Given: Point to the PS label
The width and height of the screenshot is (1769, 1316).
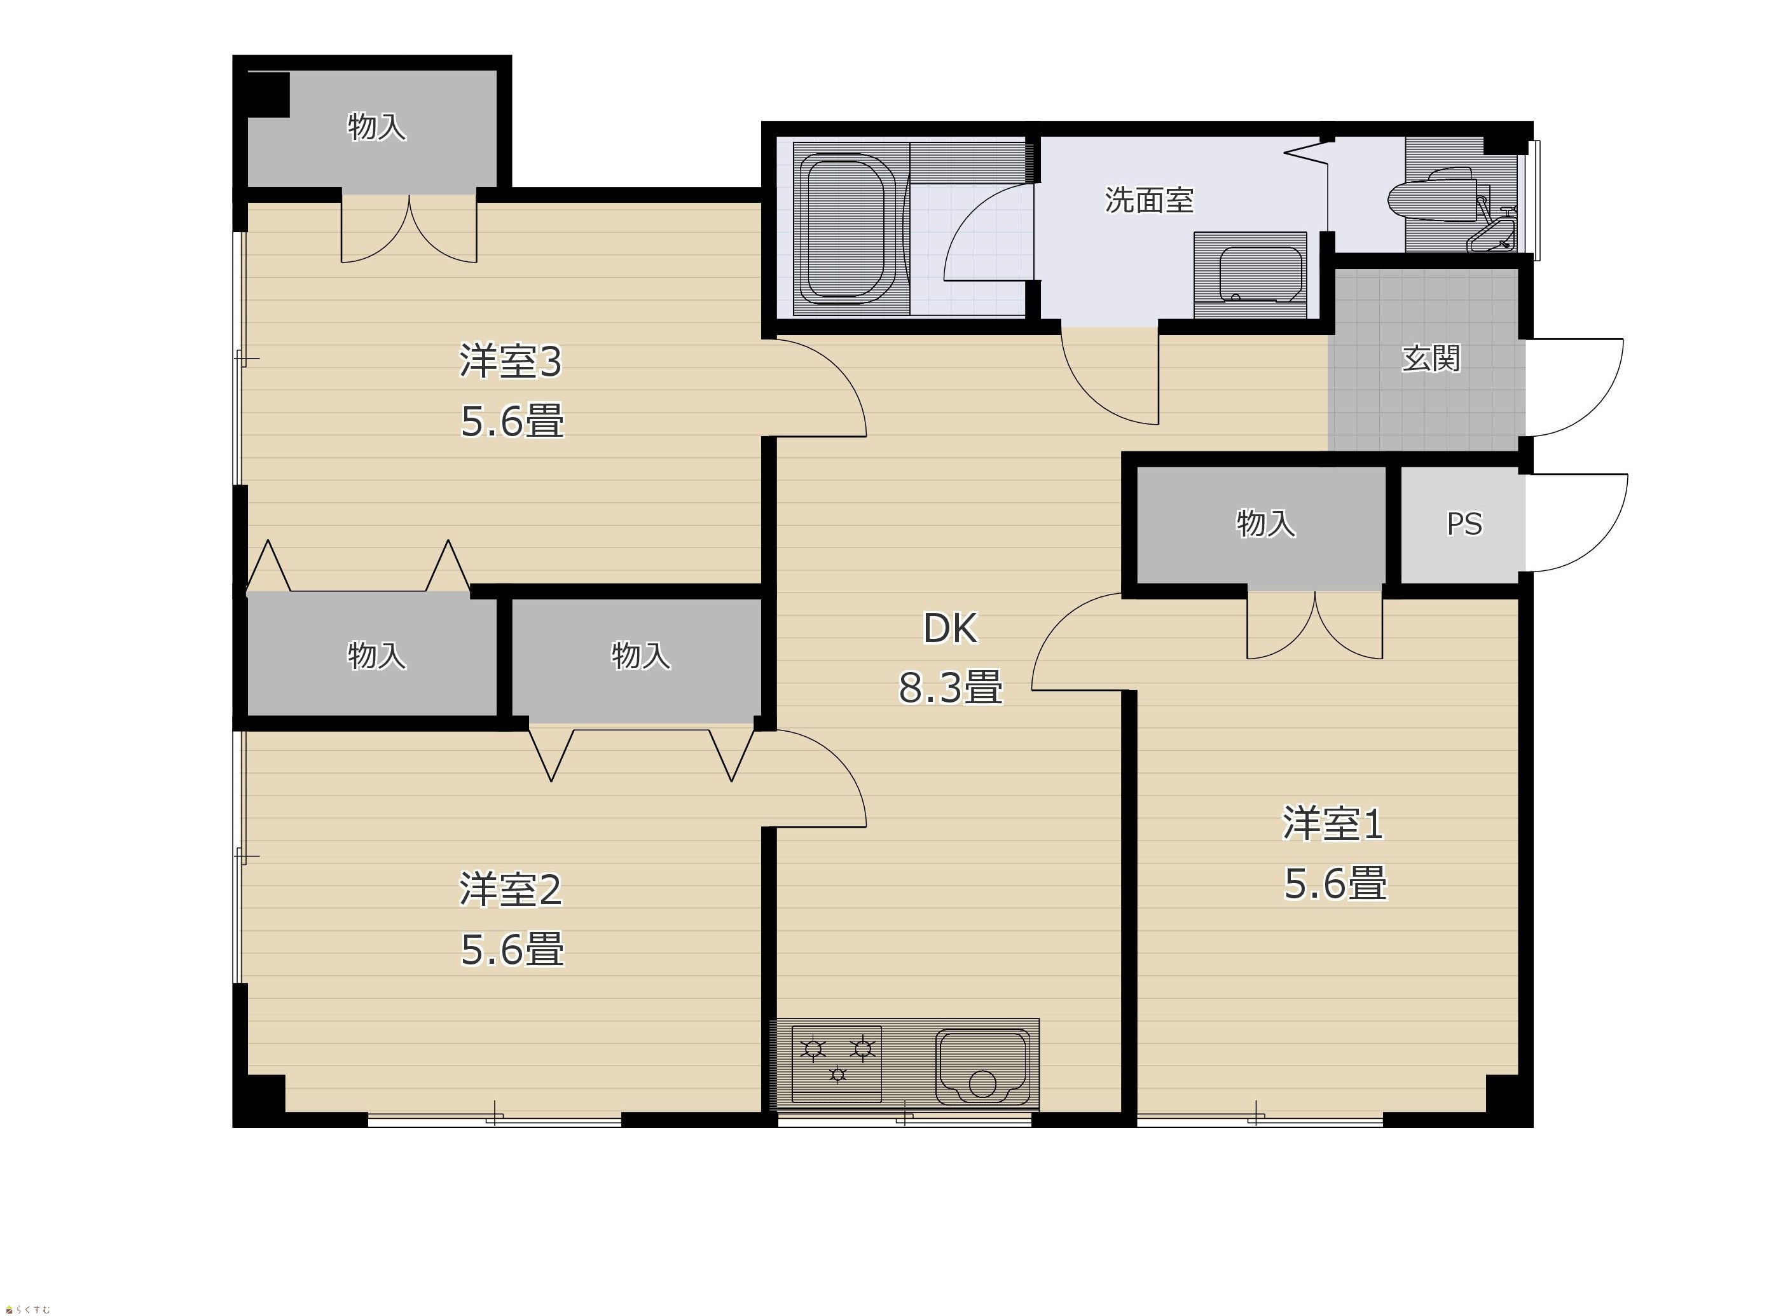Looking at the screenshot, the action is pos(1464,524).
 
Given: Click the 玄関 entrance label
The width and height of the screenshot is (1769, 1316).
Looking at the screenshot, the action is pos(1431,359).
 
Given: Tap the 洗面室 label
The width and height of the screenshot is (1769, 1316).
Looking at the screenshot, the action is pos(1149,200).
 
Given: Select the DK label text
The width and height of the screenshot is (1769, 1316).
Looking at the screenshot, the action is pos(950,629).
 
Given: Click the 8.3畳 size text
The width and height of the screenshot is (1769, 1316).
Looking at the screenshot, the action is pos(950,687).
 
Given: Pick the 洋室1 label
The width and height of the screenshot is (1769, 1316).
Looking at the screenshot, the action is pos(1333,824).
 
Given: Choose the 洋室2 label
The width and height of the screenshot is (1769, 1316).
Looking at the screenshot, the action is pos(511,890).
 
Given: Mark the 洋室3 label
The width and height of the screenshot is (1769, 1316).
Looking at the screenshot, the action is pos(511,361).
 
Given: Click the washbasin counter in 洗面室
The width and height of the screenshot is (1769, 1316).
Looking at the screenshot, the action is pos(1250,275).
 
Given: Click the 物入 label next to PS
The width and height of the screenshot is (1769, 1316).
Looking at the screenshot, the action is pos(1265,523).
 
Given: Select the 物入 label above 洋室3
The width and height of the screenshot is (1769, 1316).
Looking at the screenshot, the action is pos(377,127).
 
